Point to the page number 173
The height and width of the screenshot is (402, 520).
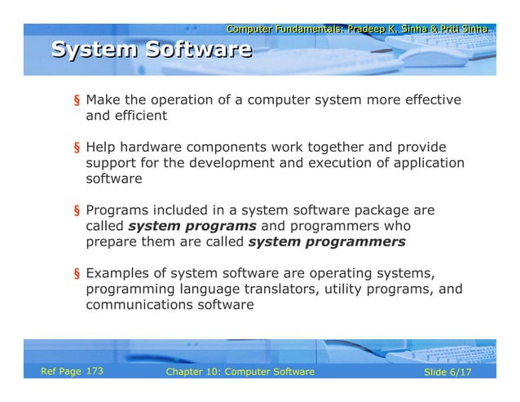tap(95, 372)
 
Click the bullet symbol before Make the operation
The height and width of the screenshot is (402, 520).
tap(77, 102)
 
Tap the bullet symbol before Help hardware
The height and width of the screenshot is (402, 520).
tap(77, 148)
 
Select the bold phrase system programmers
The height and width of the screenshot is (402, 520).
tap(326, 242)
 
